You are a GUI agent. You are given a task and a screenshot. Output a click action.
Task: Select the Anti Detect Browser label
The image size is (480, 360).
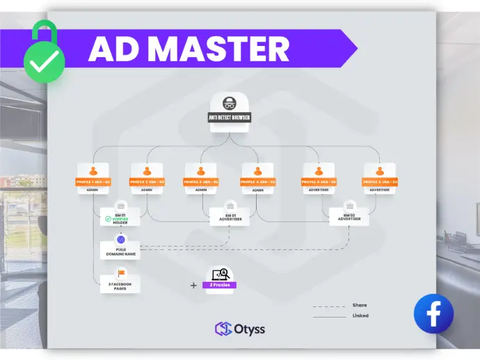[230, 118]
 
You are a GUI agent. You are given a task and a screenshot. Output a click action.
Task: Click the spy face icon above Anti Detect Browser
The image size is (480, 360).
[230, 102]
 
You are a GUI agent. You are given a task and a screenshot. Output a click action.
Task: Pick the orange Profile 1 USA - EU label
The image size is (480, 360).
[93, 182]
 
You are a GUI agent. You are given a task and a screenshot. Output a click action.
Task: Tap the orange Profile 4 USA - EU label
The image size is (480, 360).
[258, 182]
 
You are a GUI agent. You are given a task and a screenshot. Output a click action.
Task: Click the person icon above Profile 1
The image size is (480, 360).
[93, 171]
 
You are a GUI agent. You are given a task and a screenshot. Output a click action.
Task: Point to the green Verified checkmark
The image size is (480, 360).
[109, 219]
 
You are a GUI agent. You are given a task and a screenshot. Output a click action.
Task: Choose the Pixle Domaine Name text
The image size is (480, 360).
[120, 253]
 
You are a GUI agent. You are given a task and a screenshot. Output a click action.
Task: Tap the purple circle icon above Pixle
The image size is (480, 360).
[120, 240]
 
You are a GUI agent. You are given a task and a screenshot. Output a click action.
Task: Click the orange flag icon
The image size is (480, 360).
[120, 273]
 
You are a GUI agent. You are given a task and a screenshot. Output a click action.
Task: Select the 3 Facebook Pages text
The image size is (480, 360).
[120, 286]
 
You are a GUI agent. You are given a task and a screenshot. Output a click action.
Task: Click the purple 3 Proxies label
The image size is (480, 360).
[220, 285]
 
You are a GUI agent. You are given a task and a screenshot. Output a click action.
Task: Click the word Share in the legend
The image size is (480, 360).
[360, 305]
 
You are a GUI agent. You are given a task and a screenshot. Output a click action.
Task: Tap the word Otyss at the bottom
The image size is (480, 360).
[249, 329]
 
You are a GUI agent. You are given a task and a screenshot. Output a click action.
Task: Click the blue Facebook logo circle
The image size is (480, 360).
[433, 313]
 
